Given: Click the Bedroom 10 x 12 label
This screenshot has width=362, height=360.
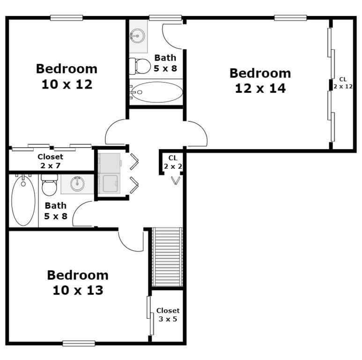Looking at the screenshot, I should (x=66, y=76).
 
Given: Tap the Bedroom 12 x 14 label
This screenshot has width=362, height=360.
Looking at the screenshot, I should (x=260, y=81).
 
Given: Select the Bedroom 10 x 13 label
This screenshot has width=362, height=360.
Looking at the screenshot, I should (x=77, y=282).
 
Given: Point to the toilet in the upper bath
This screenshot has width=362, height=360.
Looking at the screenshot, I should (x=139, y=66).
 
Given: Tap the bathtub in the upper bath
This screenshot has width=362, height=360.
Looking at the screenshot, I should (x=156, y=92).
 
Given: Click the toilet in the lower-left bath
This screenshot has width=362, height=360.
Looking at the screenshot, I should (x=49, y=186).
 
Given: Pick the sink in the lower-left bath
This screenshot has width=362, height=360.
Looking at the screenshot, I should (x=78, y=184).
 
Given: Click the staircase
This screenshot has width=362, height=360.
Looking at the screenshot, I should (x=167, y=256).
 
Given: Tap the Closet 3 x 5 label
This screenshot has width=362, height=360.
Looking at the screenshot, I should (x=168, y=315).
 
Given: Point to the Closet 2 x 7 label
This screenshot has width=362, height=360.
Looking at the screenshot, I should (x=50, y=161).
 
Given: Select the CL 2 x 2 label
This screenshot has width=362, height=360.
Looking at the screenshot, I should (x=172, y=162).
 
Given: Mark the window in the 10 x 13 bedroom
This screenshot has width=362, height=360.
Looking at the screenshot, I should (x=79, y=343).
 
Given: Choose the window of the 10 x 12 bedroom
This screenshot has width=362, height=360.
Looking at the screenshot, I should (x=66, y=18).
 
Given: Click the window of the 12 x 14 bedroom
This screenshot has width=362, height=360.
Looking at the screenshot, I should (x=290, y=18).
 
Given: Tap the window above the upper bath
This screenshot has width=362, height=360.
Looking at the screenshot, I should (x=165, y=18).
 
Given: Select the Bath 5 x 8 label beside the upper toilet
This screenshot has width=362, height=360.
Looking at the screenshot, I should (x=165, y=62).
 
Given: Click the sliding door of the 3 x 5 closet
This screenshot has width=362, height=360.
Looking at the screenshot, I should (x=150, y=316).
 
